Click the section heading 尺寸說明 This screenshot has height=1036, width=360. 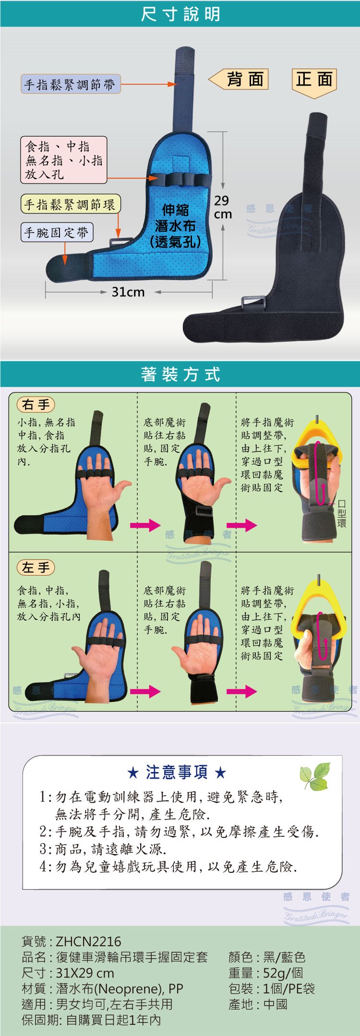pos(180,14)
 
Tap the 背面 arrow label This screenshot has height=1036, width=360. pos(239,79)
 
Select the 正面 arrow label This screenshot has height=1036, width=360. pos(314,83)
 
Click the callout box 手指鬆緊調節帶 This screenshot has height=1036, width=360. pos(70,84)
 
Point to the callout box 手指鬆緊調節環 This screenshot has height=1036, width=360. pos(70,204)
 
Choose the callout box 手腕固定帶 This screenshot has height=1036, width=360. pos(57,233)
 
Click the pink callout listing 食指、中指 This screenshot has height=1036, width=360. pos(64,160)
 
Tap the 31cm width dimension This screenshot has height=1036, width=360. pos(128,292)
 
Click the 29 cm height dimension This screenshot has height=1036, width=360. pos(222,207)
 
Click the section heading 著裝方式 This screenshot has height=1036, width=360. pos(180,374)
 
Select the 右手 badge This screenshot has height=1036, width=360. pos(36,405)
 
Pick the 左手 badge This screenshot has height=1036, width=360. pos(36,568)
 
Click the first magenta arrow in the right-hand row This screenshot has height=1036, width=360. pos(145,525)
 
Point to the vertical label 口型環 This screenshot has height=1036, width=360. pos(342,513)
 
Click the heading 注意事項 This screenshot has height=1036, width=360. pos(177,772)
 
